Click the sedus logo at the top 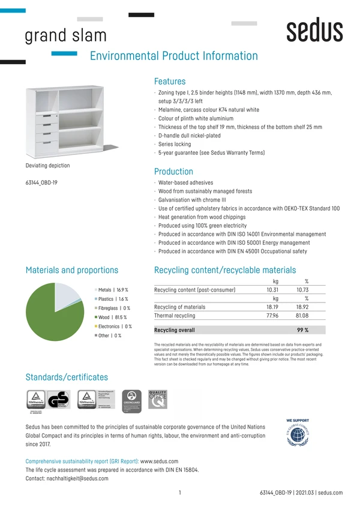[x=314, y=30]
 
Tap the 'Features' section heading [x=170, y=81]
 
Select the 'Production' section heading [x=173, y=171]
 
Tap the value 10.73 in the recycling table [x=302, y=290]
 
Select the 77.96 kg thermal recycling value [x=272, y=315]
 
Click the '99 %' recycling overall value [x=302, y=330]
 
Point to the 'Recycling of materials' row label [x=179, y=307]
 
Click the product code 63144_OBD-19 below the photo [x=41, y=182]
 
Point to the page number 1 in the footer [x=180, y=492]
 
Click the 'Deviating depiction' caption [x=47, y=166]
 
